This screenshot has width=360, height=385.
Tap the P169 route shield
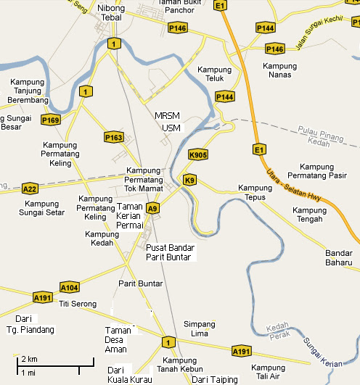50,120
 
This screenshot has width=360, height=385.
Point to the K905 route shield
197,154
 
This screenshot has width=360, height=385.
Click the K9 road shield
190,180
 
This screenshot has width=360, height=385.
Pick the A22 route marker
30,189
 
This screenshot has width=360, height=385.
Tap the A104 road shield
69,286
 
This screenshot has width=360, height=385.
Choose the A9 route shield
152,209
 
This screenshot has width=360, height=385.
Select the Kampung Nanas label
279,70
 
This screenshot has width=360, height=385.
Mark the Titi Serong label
78,304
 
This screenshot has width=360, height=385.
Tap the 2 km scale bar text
28,360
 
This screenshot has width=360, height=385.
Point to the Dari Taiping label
215,379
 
